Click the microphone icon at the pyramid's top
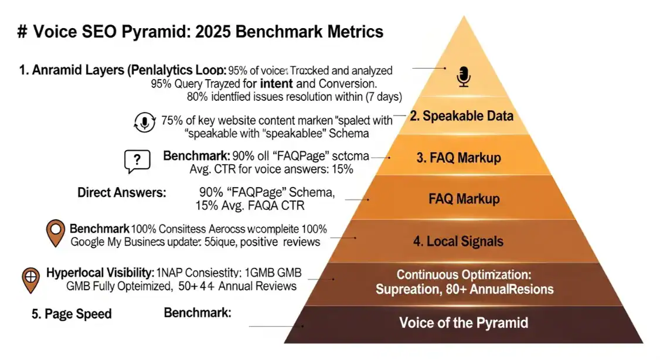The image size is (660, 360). tap(464, 77)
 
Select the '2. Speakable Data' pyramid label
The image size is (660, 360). tap(461, 116)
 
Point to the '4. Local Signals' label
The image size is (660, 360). tap(458, 241)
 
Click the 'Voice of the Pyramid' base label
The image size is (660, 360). tap(463, 322)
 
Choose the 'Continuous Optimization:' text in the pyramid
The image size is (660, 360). tap(464, 274)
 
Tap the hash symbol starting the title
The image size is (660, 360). tap(23, 31)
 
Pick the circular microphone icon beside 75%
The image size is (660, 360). tap(144, 122)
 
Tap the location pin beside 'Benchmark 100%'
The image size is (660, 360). tap(55, 233)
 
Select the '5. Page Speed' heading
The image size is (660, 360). tap(72, 314)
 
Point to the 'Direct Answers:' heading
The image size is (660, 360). tap(122, 192)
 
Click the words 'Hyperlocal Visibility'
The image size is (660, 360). tap(100, 272)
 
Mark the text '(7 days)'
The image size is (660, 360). tap(384, 96)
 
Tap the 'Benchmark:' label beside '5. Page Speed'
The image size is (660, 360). tap(198, 313)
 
